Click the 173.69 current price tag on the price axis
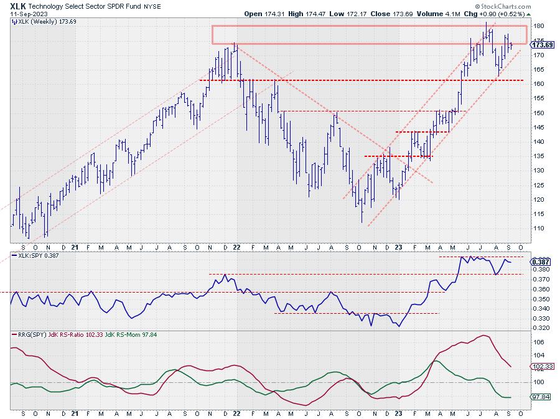pyautogui.click(x=543, y=45)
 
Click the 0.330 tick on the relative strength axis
pyautogui.click(x=541, y=318)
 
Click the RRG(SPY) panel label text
pyautogui.click(x=27, y=334)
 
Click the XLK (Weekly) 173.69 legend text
pyautogui.click(x=41, y=21)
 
